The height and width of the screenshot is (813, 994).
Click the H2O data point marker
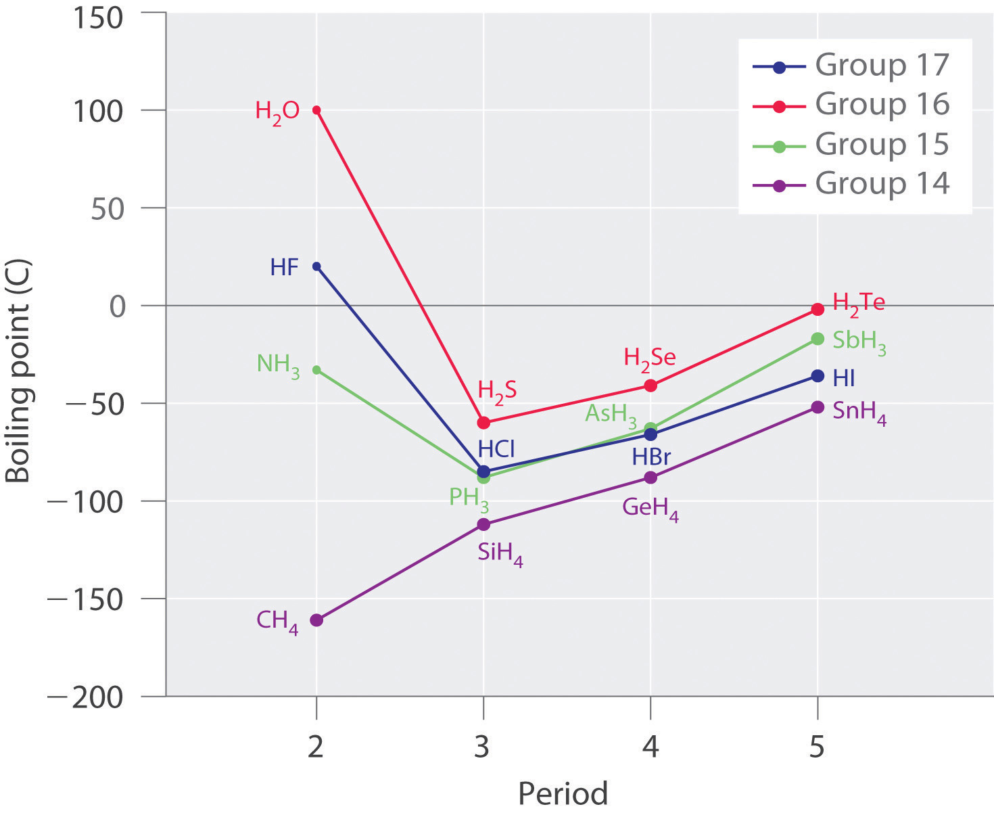point(316,110)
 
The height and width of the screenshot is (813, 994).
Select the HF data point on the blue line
point(316,266)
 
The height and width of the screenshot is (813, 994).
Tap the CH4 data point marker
point(316,620)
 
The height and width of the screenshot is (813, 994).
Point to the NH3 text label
point(278,365)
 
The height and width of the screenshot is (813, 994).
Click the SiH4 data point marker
point(483,524)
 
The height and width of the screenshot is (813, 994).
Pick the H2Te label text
point(858,303)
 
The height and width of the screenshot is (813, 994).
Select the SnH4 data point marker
point(818,407)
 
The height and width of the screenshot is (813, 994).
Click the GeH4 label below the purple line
point(650,508)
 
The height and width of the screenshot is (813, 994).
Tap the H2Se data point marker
point(650,386)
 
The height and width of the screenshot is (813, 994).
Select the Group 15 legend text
point(882,144)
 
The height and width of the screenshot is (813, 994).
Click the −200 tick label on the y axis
point(86,697)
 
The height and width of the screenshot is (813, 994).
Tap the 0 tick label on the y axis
point(118,306)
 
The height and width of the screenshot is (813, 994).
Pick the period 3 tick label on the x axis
point(483,747)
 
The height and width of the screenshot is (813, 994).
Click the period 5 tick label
point(817,747)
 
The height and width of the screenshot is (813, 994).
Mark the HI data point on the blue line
point(818,376)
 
